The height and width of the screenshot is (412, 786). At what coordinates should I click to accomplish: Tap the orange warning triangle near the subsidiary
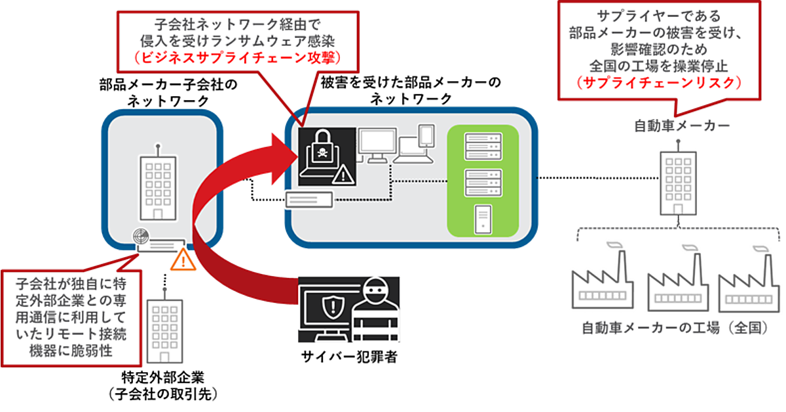coord(183,262)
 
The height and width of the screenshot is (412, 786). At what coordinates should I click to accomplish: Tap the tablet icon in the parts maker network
coord(426,135)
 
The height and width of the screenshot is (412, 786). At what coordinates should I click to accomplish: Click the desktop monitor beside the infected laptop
coord(376,146)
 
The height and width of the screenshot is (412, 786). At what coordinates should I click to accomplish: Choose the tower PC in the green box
coord(482,220)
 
